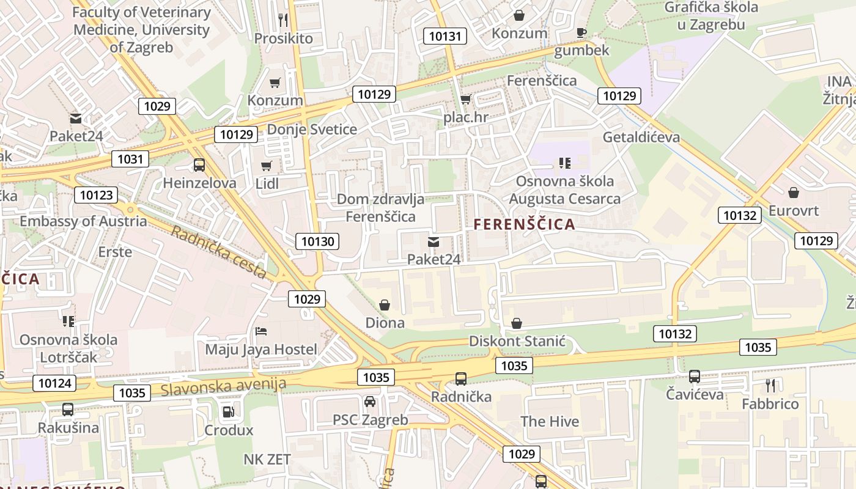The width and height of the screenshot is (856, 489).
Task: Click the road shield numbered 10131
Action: (x=445, y=36)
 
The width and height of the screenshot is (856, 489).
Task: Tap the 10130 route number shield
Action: (x=318, y=241)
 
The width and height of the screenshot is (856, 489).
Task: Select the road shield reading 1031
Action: (x=130, y=160)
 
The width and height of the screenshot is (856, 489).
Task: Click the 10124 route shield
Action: (x=56, y=384)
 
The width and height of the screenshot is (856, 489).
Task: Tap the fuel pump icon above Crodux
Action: (x=228, y=413)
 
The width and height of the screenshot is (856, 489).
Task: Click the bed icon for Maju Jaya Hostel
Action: (x=261, y=332)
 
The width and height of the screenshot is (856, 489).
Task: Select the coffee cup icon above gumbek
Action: (x=581, y=32)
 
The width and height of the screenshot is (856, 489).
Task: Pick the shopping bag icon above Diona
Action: (x=385, y=304)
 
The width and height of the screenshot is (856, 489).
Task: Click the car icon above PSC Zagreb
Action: (x=370, y=402)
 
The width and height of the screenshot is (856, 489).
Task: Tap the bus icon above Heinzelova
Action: (x=199, y=164)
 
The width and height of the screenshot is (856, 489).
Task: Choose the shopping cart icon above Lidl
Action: (x=266, y=166)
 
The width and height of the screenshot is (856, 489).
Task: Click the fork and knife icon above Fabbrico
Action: (x=770, y=386)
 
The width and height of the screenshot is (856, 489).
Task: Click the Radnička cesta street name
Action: (x=218, y=252)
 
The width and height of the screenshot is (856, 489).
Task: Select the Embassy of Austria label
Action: (x=83, y=221)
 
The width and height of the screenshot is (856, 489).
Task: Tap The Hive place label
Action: (x=550, y=421)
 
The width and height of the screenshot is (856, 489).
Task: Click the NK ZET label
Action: (x=267, y=460)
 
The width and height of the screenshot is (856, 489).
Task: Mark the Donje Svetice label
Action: (x=312, y=130)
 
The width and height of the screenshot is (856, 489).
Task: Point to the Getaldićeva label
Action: (x=641, y=137)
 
